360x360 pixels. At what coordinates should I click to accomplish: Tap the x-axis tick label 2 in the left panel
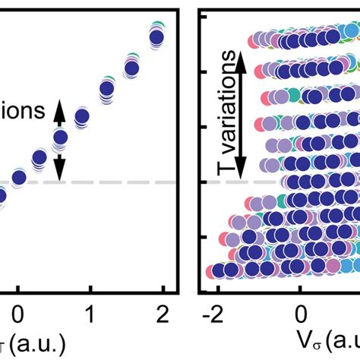160,313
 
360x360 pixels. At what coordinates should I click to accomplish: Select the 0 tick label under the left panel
20,313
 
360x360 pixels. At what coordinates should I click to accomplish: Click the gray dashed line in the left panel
114,182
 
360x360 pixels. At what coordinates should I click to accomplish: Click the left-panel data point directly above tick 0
20,178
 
